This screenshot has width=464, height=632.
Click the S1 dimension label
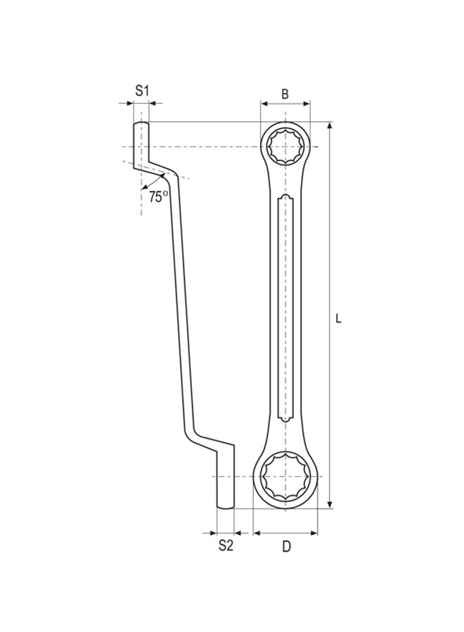[143, 91]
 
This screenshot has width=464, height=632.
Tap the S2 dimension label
[225, 546]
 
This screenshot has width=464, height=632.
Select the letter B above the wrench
[285, 93]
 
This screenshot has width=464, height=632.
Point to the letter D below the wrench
[286, 546]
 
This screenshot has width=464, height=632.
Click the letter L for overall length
[338, 318]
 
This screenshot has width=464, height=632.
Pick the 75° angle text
[158, 197]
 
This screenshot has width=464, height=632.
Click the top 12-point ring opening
[285, 146]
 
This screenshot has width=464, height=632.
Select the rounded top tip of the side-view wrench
[141, 124]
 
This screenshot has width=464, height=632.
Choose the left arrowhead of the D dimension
[257, 533]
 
